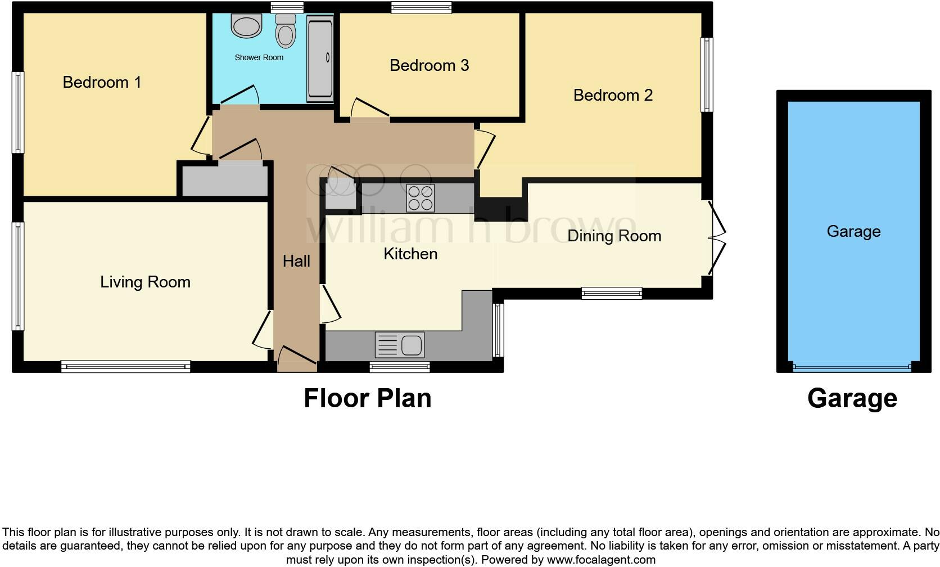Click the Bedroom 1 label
coord(102,82)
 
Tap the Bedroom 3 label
coord(430,65)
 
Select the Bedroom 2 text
coord(613,95)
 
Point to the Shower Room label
coord(259,57)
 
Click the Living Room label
coord(145,282)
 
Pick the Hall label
coord(296,261)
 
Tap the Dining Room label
coord(614,236)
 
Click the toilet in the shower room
coord(286,30)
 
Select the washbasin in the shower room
coord(246,26)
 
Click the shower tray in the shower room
coord(320,59)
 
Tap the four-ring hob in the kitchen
coord(421,198)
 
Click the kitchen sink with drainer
coord(400,345)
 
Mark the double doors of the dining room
coord(717,238)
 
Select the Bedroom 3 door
coord(370,108)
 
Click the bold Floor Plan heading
coord(368,399)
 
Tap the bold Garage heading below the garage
coord(852,399)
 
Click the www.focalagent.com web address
coord(602,560)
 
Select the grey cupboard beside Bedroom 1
coord(225,180)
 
